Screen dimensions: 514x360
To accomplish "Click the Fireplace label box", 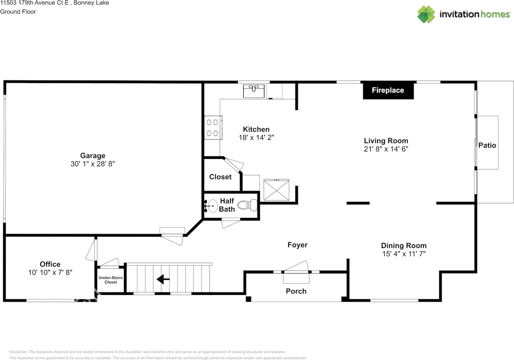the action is pyautogui.click(x=388, y=90).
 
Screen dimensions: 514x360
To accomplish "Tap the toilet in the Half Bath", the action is pyautogui.click(x=247, y=205).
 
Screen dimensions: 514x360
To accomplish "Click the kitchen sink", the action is pyautogui.click(x=254, y=91).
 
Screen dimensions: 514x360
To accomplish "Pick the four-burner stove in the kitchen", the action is pyautogui.click(x=213, y=128).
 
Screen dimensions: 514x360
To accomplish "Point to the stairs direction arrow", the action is pyautogui.click(x=163, y=279).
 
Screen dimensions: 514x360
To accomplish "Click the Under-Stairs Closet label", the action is pyautogui.click(x=110, y=280).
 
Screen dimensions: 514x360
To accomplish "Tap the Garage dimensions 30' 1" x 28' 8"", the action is pyautogui.click(x=93, y=164).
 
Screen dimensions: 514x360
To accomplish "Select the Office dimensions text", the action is pyautogui.click(x=50, y=273).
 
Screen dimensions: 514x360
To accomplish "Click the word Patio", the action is pyautogui.click(x=487, y=145).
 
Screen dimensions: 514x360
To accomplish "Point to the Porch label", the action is pyautogui.click(x=296, y=291).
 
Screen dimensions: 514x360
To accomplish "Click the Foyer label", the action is pyautogui.click(x=298, y=245).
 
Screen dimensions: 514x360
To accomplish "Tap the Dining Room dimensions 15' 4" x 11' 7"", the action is pyautogui.click(x=404, y=254).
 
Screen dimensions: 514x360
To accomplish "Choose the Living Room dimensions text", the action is pyautogui.click(x=386, y=149).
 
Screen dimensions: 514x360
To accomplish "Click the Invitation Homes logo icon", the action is pyautogui.click(x=426, y=14).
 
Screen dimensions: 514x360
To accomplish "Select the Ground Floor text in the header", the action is pyautogui.click(x=18, y=12).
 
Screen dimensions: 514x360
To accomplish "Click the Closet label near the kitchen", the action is pyautogui.click(x=220, y=177).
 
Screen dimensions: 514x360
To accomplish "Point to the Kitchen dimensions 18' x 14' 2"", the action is pyautogui.click(x=256, y=138).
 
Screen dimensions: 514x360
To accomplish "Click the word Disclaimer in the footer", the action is pyautogui.click(x=18, y=352).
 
